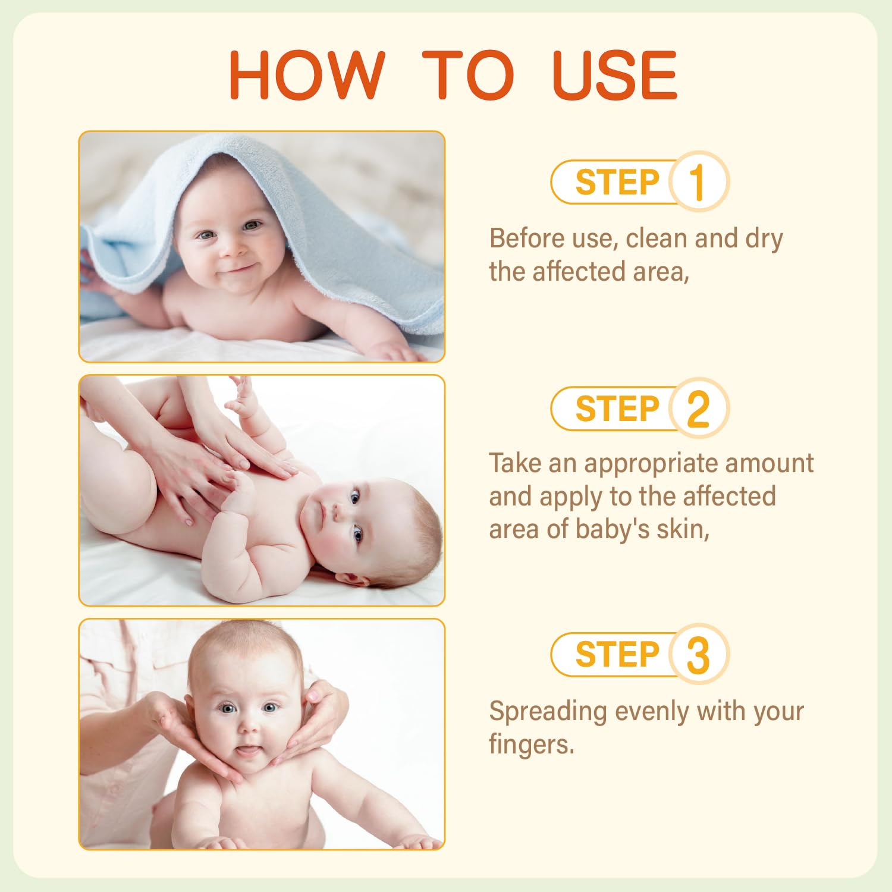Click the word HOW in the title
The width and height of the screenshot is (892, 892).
[307, 75]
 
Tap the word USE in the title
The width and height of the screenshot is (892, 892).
[615, 75]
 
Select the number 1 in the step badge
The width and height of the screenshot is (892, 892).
[698, 182]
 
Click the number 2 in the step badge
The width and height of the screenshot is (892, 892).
[698, 409]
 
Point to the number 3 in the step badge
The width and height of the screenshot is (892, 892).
[698, 655]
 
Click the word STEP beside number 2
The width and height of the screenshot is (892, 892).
[617, 409]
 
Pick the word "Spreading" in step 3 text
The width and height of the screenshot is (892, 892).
[548, 712]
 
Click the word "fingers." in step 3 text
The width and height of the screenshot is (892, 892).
[532, 745]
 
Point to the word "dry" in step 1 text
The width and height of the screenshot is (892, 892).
[764, 240]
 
